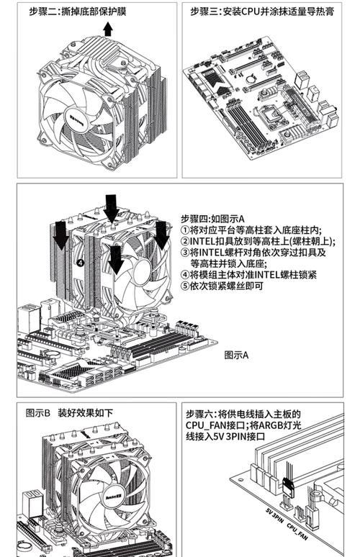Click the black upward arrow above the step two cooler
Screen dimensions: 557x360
(x=107, y=28)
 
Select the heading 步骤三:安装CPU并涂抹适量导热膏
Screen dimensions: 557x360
(x=261, y=12)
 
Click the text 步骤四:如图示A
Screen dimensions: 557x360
(x=213, y=218)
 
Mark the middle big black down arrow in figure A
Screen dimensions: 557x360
(x=111, y=208)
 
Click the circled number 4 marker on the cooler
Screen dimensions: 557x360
(x=80, y=263)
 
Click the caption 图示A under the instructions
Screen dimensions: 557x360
(x=235, y=355)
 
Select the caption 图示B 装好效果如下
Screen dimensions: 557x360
(x=69, y=413)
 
